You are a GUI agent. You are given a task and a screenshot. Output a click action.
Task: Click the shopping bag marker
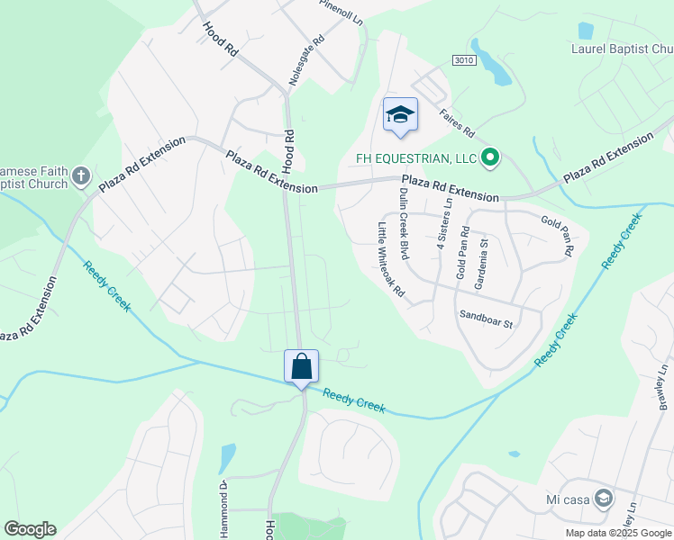coord(302,366)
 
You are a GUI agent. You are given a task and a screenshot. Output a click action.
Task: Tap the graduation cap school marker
coord(400,114)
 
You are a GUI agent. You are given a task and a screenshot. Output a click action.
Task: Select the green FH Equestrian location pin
coord(490,158)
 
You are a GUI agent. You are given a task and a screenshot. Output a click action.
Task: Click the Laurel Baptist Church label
coord(622,49)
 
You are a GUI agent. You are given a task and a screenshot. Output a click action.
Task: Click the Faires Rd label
coord(456,122)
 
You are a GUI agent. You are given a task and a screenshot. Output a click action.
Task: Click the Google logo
coord(30,528)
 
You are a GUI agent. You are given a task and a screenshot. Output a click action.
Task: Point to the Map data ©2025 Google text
coord(618,533)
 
